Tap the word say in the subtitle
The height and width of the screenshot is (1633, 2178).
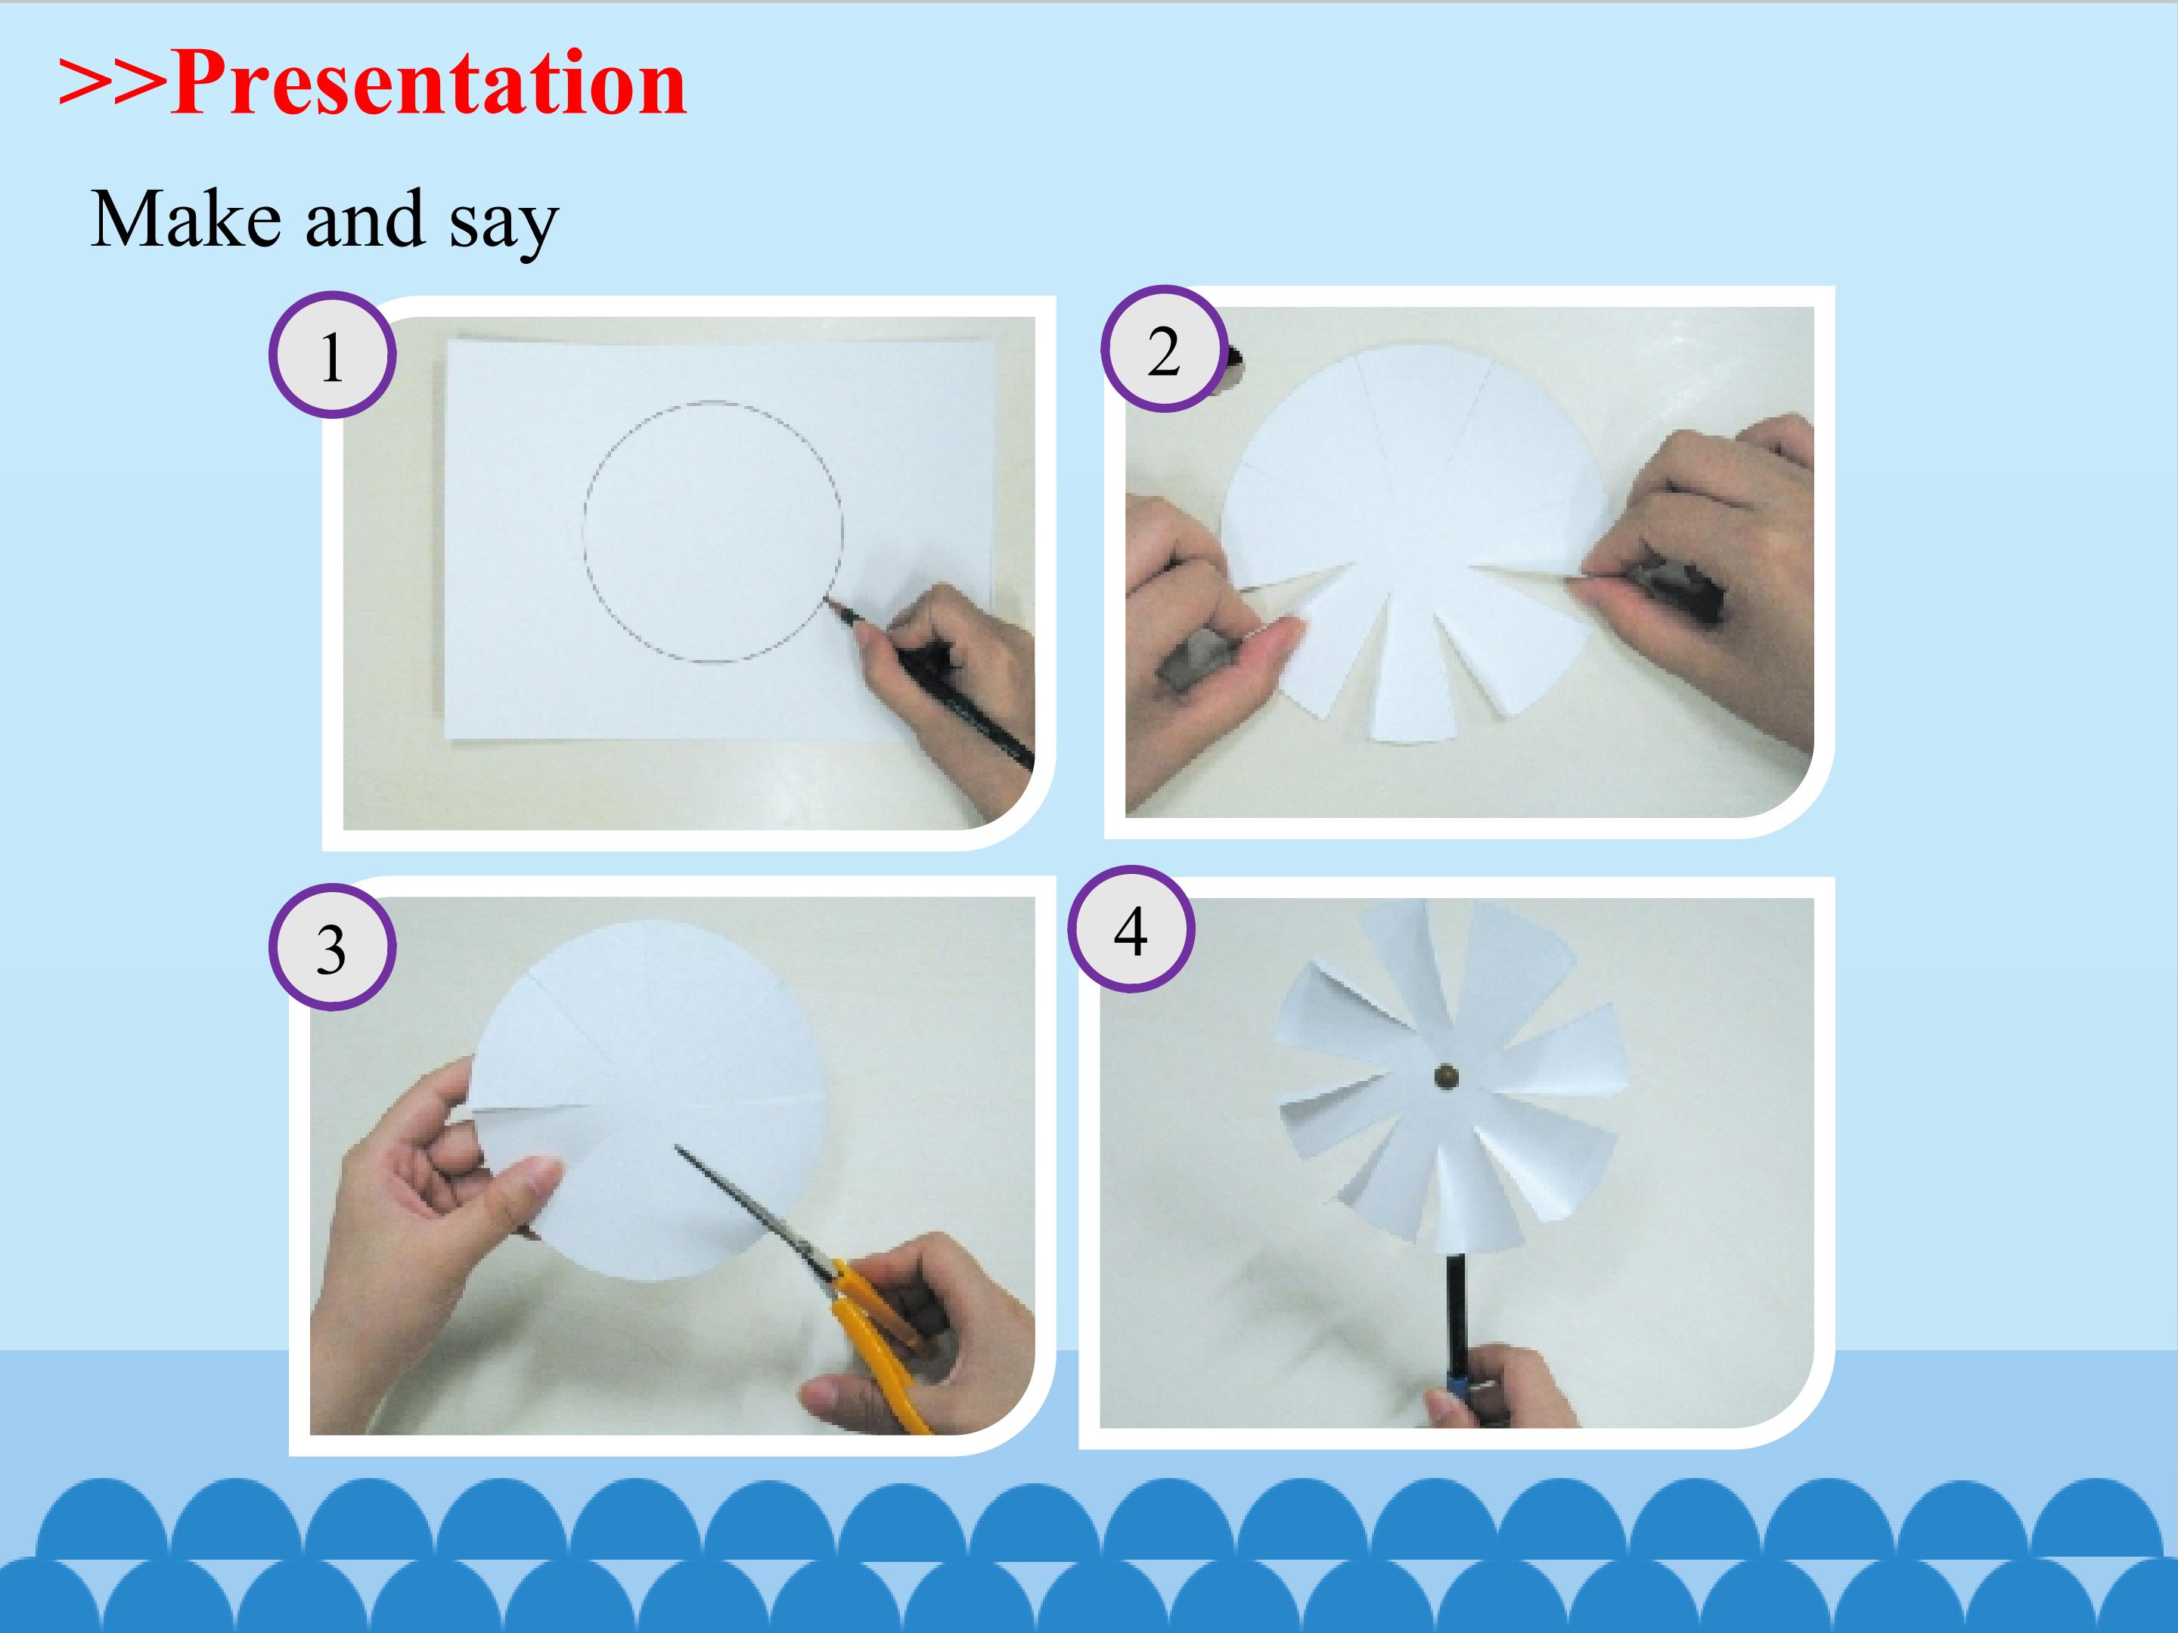pos(504,225)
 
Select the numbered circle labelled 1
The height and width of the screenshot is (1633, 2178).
pos(333,355)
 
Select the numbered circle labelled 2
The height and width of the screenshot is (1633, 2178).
pos(1164,349)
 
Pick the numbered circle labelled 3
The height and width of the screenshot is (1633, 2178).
pos(333,947)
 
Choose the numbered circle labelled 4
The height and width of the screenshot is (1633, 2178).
pos(1131,928)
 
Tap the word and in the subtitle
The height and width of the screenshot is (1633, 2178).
pos(365,218)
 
